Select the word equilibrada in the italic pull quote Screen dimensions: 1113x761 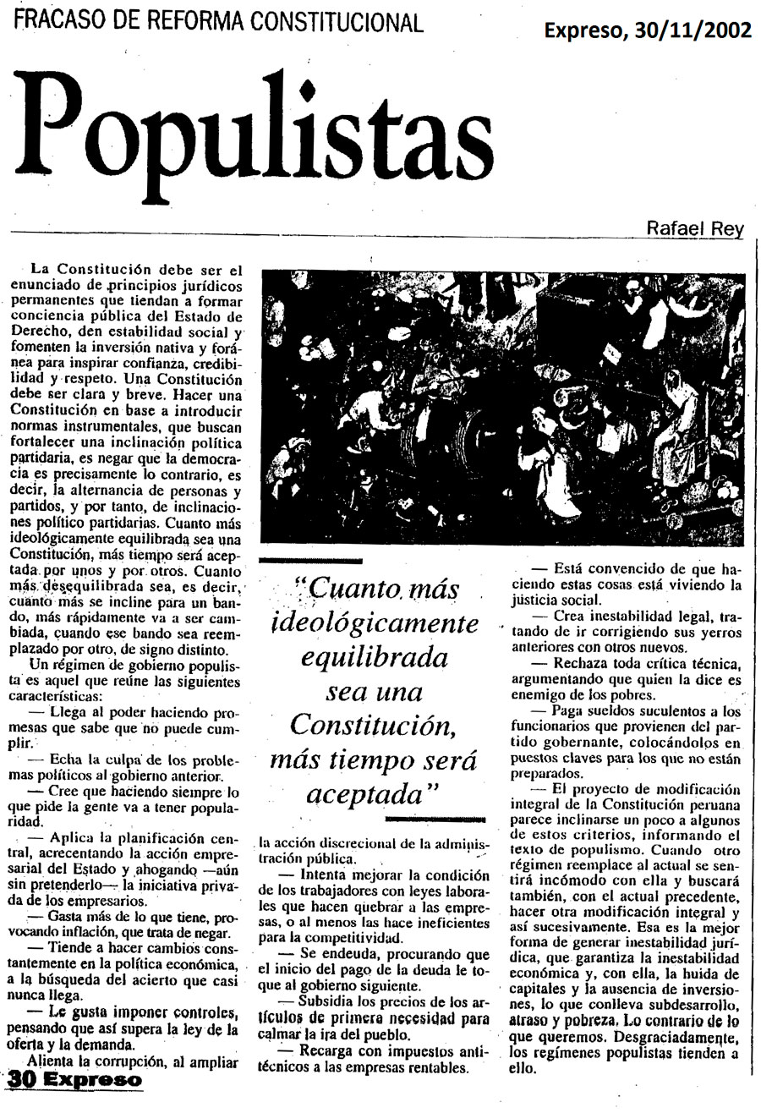pos(375,657)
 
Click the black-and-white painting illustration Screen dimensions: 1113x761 pos(503,408)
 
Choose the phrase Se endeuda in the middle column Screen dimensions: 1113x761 pos(325,952)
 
